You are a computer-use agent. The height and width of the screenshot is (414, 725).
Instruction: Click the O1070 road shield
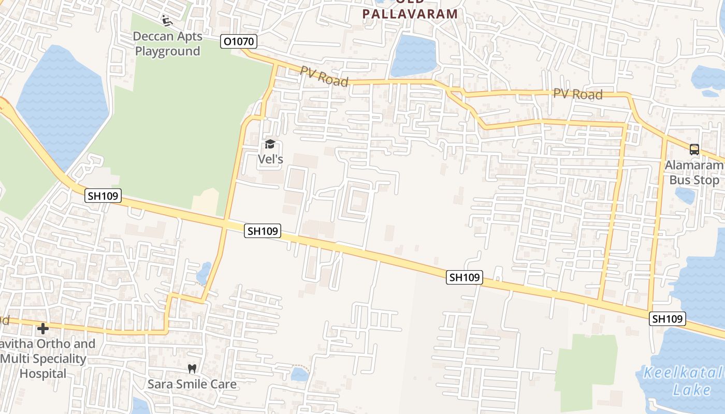coord(238,41)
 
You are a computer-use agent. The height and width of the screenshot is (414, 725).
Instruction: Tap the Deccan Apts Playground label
coord(167,44)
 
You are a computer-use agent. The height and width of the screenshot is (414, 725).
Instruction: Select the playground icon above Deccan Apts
coord(167,21)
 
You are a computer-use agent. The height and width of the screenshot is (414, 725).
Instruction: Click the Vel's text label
coord(270,159)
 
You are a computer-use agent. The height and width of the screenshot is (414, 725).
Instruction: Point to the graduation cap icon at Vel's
coord(270,144)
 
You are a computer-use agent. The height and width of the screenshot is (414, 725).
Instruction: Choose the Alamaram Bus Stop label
coord(694,173)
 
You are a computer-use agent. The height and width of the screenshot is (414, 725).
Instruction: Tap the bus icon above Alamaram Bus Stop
coord(694,150)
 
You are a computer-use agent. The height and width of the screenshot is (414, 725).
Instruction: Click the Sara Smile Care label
coord(192,384)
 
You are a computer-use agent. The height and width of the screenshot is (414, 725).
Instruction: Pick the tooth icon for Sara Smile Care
coord(192,369)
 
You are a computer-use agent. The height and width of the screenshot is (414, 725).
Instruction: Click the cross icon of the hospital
coord(43,328)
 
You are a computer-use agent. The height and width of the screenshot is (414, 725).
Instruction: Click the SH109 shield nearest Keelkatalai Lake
coord(667,319)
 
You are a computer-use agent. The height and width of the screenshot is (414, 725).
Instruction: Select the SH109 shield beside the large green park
coord(103,196)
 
